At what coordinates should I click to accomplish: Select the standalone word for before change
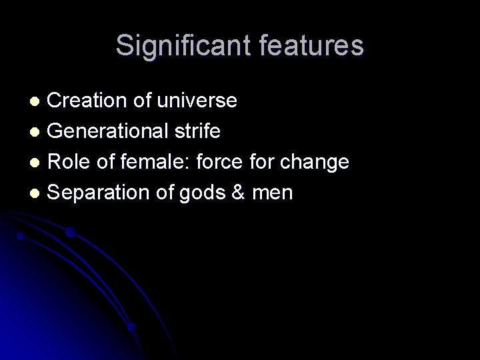point(263,162)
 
